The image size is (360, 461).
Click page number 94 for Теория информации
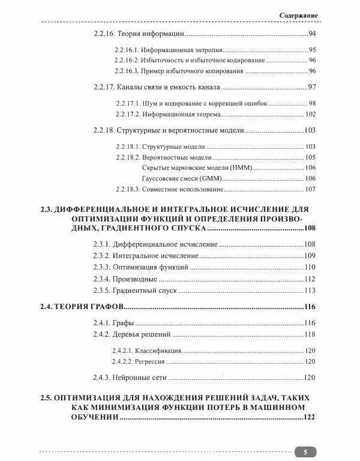point(311,34)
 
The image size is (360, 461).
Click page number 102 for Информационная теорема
point(310,113)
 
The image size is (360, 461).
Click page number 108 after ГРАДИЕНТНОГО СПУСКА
point(310,229)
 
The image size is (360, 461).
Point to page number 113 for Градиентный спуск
point(310,291)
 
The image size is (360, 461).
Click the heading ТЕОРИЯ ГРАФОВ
point(88,307)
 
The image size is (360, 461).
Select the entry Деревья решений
point(143,334)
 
